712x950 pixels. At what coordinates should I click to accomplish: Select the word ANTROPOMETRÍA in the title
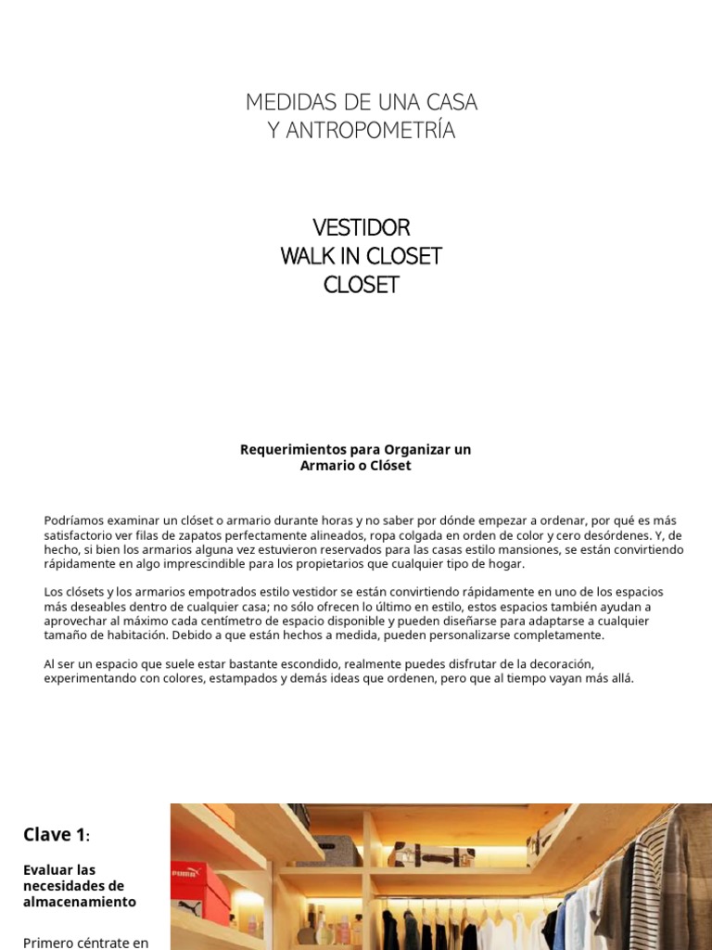pos(379,132)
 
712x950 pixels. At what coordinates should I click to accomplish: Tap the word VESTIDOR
pos(362,228)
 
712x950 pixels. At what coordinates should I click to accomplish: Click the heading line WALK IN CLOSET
pos(362,257)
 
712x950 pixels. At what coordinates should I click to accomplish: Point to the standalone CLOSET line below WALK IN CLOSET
pos(362,286)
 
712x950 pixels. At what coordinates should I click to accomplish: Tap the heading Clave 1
pos(55,835)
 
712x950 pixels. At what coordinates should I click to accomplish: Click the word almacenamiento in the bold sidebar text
pos(79,902)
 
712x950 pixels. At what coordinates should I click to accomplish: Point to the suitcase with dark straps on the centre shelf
pos(431,854)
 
